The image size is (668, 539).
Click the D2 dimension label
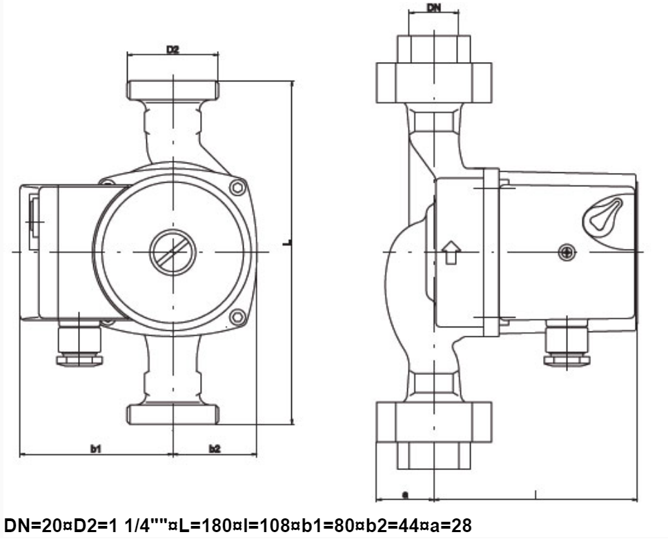click(173, 50)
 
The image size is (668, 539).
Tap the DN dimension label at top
click(433, 8)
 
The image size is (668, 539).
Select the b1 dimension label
click(96, 449)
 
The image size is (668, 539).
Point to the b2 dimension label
click(215, 449)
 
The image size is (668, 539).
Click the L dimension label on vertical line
click(288, 243)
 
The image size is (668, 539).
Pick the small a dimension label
click(406, 494)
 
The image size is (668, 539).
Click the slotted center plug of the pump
click(173, 252)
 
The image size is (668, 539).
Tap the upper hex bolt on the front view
click(237, 187)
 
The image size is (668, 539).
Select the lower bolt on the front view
click(237, 317)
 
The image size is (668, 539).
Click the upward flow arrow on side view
click(451, 252)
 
